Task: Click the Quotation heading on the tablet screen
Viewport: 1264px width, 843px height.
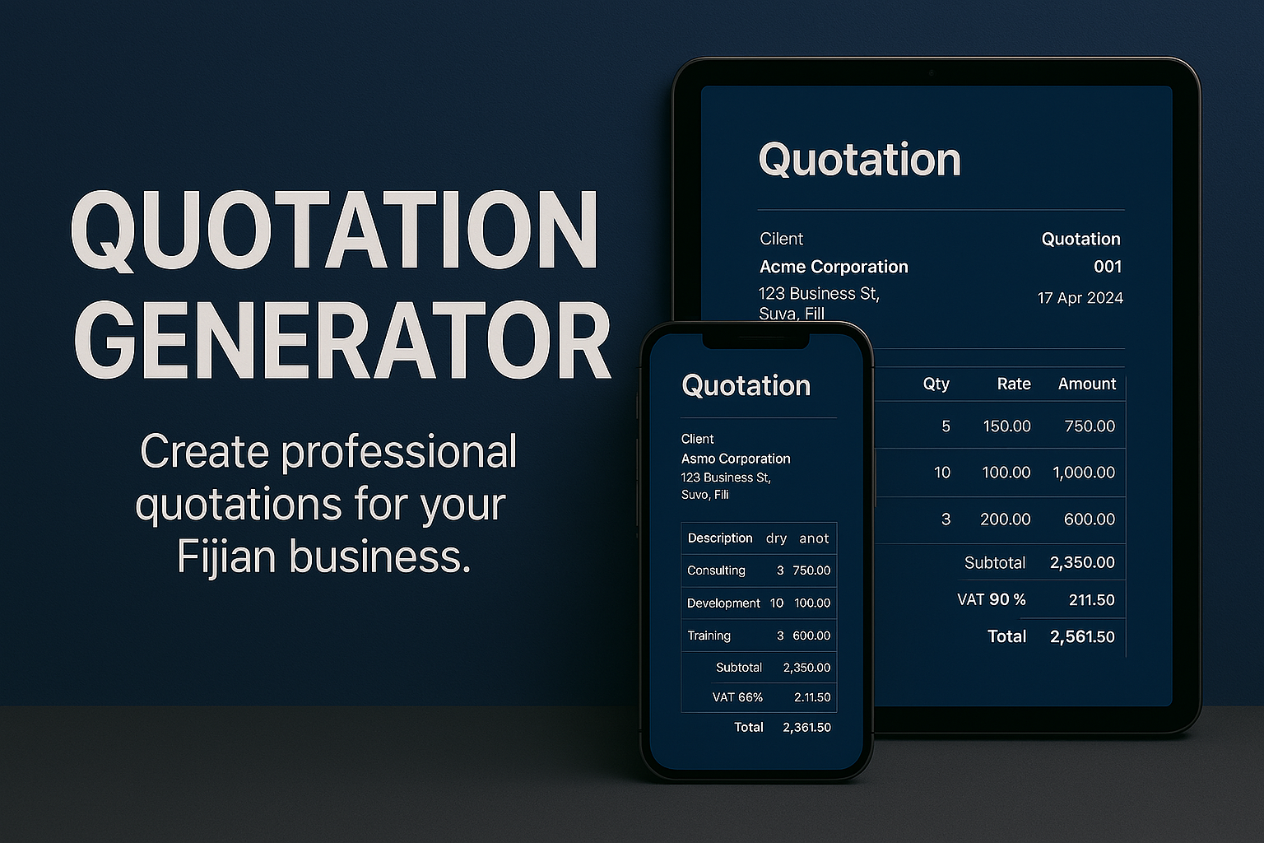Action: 859,160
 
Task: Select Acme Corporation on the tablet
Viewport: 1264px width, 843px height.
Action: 834,267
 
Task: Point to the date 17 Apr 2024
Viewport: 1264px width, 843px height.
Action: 1080,298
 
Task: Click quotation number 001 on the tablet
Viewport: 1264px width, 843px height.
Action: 1107,267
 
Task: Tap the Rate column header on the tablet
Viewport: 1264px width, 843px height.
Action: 1013,384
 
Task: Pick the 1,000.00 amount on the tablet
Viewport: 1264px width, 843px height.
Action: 1083,473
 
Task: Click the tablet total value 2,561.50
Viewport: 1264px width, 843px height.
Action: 1081,636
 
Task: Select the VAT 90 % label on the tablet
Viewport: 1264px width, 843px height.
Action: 991,599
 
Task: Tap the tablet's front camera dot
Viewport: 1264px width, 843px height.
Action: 932,73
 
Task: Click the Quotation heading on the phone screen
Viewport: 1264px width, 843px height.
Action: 746,385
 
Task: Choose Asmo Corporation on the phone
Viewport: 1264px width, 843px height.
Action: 735,459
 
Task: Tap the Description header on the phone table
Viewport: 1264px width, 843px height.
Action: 719,538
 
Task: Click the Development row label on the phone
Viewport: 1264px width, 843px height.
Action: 723,603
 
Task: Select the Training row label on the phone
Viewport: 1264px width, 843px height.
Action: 709,636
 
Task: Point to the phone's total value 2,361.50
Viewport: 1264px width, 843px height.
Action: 806,728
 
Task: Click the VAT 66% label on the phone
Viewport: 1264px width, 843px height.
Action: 737,697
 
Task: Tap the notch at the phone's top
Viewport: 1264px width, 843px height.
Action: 756,338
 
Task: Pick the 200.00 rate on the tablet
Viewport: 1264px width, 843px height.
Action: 1005,519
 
